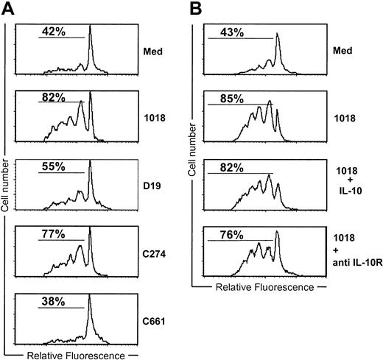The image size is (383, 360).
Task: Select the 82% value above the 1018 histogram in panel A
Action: click(x=52, y=96)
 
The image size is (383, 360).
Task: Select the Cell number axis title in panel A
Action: click(x=6, y=184)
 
